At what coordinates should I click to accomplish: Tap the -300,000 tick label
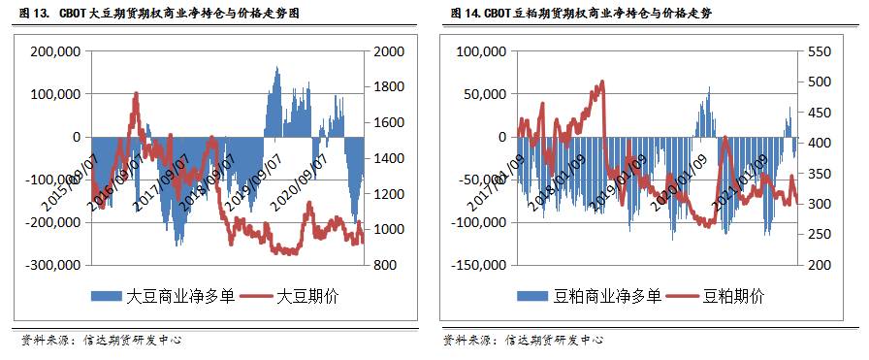coord(53,264)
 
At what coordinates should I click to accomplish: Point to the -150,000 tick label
coord(476,264)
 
